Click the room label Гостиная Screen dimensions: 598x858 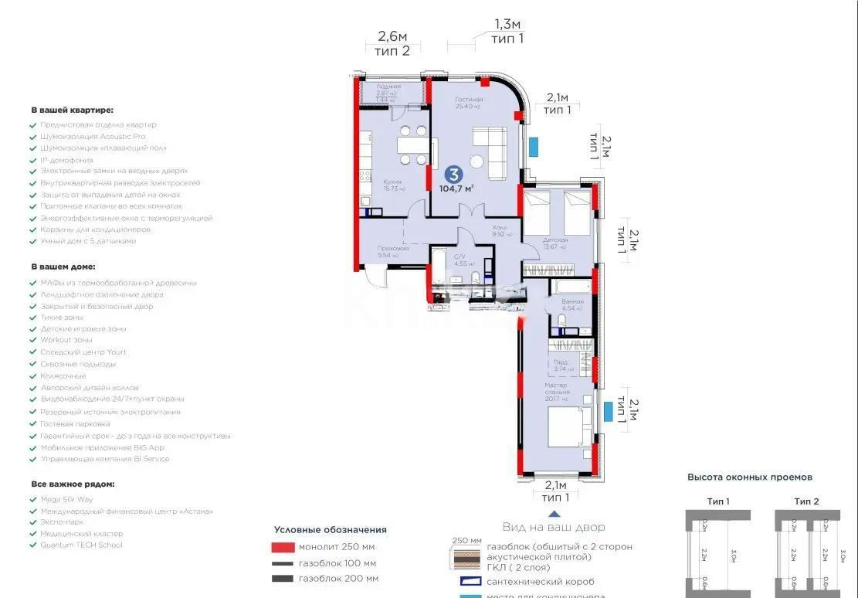click(x=468, y=100)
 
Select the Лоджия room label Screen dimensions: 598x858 click(x=389, y=87)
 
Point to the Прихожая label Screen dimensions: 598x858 click(x=393, y=248)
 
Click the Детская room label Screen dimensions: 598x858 click(x=554, y=240)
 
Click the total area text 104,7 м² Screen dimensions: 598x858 click(x=456, y=188)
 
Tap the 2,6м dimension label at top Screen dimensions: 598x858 click(x=392, y=36)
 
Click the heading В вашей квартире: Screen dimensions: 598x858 click(x=72, y=110)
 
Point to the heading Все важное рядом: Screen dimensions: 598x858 click(x=73, y=484)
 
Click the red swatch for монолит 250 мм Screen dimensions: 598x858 click(x=283, y=548)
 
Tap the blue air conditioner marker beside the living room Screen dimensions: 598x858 click(x=534, y=145)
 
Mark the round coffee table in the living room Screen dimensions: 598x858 click(x=477, y=162)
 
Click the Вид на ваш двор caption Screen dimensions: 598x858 click(x=554, y=527)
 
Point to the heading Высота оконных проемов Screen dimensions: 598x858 click(x=749, y=477)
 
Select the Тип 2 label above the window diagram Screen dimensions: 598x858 click(x=806, y=501)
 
